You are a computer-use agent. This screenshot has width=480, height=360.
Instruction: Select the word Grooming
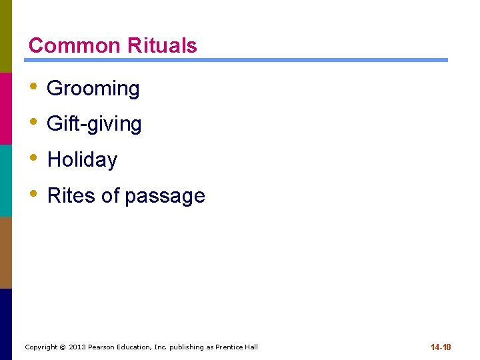point(93,89)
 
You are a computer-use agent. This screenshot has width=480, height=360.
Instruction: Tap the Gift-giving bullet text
point(94,124)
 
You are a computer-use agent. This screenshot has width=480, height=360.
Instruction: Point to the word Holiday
point(82,160)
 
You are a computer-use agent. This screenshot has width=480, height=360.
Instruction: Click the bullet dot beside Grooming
point(34,87)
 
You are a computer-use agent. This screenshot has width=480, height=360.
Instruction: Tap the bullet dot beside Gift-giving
point(34,123)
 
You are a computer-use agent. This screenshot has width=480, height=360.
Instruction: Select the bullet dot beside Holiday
point(34,159)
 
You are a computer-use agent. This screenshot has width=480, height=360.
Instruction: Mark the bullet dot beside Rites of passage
point(34,195)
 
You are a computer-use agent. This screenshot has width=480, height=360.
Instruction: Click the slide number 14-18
point(441,347)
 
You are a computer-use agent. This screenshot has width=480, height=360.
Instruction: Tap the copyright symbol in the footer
point(63,347)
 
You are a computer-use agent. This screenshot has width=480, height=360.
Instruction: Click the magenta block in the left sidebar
point(6,108)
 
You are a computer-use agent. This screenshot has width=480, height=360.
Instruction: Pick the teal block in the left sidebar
point(6,180)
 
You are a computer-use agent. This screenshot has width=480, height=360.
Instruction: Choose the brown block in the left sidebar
point(6,252)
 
